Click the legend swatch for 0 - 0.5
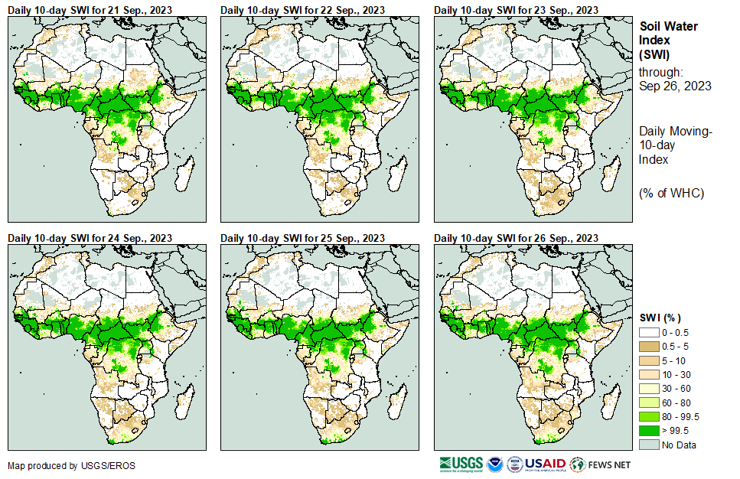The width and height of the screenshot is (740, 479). pyautogui.click(x=649, y=332)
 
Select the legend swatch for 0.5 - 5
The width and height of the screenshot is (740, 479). pyautogui.click(x=649, y=346)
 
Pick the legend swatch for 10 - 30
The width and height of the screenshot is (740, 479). pyautogui.click(x=649, y=374)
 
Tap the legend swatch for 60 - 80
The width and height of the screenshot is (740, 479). pyautogui.click(x=649, y=402)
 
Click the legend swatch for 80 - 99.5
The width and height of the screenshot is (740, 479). pyautogui.click(x=649, y=416)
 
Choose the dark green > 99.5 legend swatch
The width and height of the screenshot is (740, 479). pyautogui.click(x=649, y=431)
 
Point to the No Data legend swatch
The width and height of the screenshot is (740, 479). pyautogui.click(x=649, y=445)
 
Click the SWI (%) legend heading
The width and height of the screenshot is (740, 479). pyautogui.click(x=660, y=318)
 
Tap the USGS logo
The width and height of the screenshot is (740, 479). pyautogui.click(x=461, y=464)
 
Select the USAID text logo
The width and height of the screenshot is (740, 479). pyautogui.click(x=545, y=464)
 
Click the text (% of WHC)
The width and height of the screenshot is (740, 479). pyautogui.click(x=671, y=192)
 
